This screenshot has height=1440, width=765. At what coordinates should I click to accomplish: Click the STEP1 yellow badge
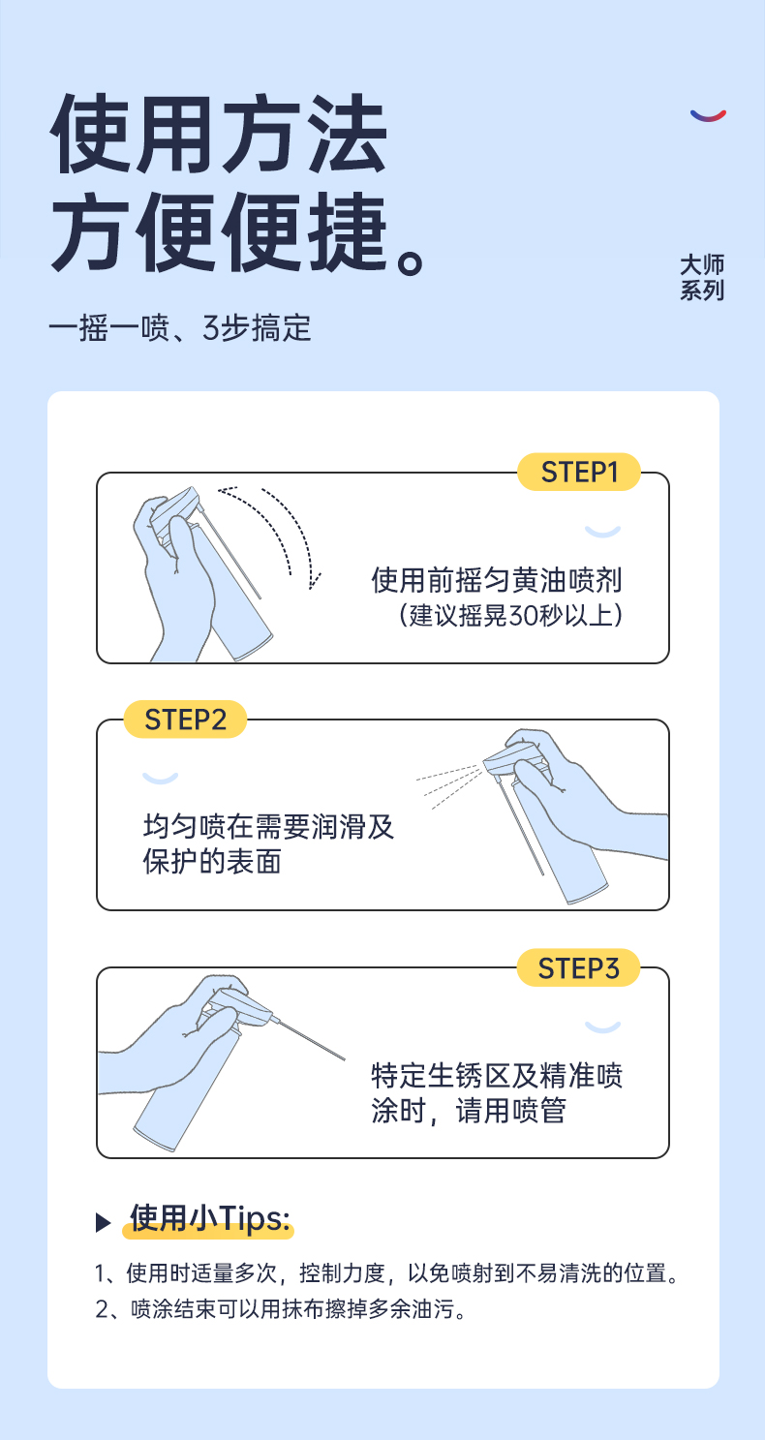(x=578, y=472)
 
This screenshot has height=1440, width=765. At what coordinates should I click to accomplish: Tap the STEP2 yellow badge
(x=185, y=720)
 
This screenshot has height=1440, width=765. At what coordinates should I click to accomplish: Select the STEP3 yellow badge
(x=578, y=967)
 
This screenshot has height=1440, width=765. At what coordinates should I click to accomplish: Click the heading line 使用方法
(x=219, y=134)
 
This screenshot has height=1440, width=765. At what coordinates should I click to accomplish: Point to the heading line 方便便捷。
(x=236, y=231)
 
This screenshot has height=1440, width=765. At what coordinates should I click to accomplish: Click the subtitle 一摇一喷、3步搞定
(x=180, y=328)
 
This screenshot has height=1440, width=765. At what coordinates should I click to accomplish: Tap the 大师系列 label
(x=702, y=277)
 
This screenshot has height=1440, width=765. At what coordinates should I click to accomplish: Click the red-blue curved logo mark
(x=708, y=115)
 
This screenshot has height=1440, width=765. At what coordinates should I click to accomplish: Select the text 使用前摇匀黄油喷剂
(x=497, y=580)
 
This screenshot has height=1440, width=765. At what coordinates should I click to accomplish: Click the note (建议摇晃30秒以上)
(x=510, y=615)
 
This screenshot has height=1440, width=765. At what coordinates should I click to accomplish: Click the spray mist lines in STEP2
(x=448, y=785)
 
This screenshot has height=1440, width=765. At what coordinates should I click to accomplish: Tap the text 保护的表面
(x=212, y=862)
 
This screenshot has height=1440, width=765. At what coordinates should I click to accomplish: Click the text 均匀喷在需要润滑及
(x=268, y=826)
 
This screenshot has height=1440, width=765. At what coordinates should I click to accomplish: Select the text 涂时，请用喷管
(x=469, y=1110)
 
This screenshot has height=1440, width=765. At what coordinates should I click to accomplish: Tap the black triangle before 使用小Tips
(x=103, y=1222)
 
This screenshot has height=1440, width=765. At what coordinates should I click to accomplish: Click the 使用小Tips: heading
(x=209, y=1217)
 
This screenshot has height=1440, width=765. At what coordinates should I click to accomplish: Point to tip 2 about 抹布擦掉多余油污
(x=281, y=1309)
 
